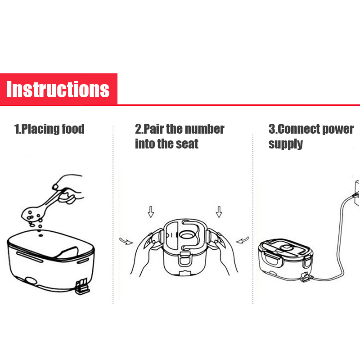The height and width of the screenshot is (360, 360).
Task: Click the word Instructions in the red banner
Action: pyautogui.click(x=58, y=89)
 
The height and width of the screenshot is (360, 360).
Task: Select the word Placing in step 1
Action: pyautogui.click(x=40, y=129)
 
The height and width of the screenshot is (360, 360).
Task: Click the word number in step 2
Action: pyautogui.click(x=205, y=129)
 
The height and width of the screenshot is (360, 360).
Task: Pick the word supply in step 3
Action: pyautogui.click(x=286, y=144)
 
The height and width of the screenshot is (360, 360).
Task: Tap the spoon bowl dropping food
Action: pyautogui.click(x=31, y=213)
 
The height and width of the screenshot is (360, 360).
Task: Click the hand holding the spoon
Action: pyautogui.click(x=69, y=188)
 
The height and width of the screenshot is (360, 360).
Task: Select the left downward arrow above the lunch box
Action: pyautogui.click(x=151, y=211)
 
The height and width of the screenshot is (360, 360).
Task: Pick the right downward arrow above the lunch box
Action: pyautogui.click(x=219, y=211)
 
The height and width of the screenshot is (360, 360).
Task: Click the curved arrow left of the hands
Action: pyautogui.click(x=126, y=241)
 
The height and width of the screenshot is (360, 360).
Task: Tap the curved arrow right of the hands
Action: pyautogui.click(x=243, y=240)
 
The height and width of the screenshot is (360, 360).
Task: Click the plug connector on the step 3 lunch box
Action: pyautogui.click(x=306, y=277)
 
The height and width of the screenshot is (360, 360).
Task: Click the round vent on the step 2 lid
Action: pyautogui.click(x=188, y=235)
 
